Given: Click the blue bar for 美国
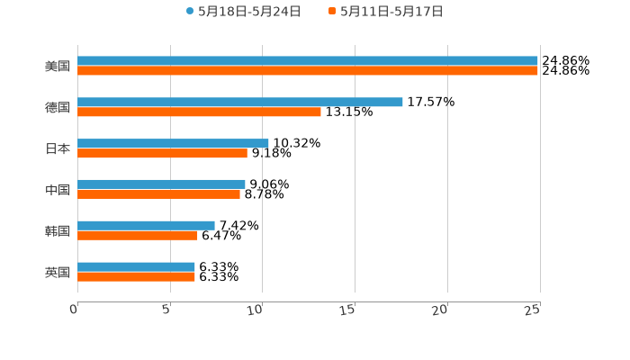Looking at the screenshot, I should [x=308, y=61].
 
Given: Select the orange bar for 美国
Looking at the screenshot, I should [x=308, y=71].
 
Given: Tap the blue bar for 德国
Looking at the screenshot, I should [x=240, y=102].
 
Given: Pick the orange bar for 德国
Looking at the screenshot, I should [x=199, y=112].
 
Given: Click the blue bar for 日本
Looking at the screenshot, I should [x=173, y=143].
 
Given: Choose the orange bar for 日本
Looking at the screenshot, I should [x=162, y=154].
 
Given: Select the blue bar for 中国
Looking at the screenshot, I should [x=161, y=184].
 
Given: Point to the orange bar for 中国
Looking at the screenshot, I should [x=158, y=194].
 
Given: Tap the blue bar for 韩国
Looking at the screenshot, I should [x=146, y=225].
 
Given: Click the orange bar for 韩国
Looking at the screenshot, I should [x=138, y=236].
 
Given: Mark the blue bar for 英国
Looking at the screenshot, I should [x=136, y=266].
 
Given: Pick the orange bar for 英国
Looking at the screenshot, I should [x=136, y=277].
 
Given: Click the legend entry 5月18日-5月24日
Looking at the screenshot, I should [x=243, y=12].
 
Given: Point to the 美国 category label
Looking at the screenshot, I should [x=58, y=67].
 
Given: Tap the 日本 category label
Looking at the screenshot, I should [x=58, y=148].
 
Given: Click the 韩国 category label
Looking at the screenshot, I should [x=58, y=231].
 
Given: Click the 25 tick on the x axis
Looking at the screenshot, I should [x=534, y=310].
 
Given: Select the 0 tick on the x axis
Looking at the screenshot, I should [x=75, y=310].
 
